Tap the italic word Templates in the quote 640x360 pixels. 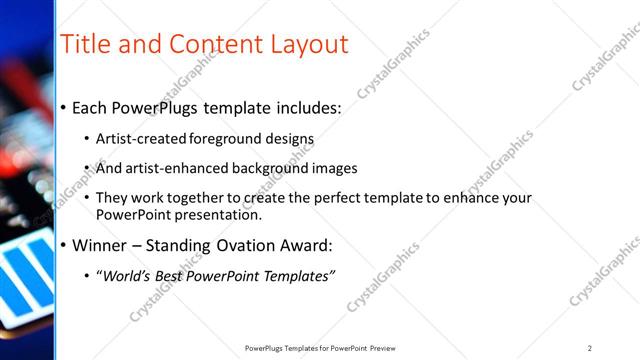point(297,276)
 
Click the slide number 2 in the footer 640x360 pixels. point(590,348)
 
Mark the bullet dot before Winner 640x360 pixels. point(64,246)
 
